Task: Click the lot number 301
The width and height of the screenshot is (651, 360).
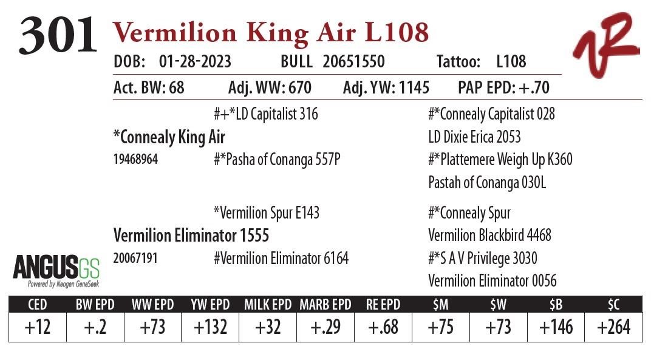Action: point(58,36)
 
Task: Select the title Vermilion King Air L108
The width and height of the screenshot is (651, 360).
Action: point(271,33)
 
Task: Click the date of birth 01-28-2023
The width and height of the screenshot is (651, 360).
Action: point(195,62)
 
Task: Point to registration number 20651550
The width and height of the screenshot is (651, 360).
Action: point(353,62)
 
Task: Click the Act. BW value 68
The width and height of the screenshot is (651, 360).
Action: point(177,88)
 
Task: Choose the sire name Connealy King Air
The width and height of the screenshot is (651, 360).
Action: point(169,137)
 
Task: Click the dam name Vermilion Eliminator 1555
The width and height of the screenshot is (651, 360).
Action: point(191,235)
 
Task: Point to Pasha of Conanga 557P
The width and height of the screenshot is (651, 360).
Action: point(277,160)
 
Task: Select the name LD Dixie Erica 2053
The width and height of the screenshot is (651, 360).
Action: point(474,137)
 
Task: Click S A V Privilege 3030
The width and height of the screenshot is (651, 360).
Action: point(483,259)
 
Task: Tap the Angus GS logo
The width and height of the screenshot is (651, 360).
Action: point(56,270)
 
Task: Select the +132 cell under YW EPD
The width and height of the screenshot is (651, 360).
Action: point(210,327)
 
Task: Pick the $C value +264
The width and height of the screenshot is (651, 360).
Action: point(613,327)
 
